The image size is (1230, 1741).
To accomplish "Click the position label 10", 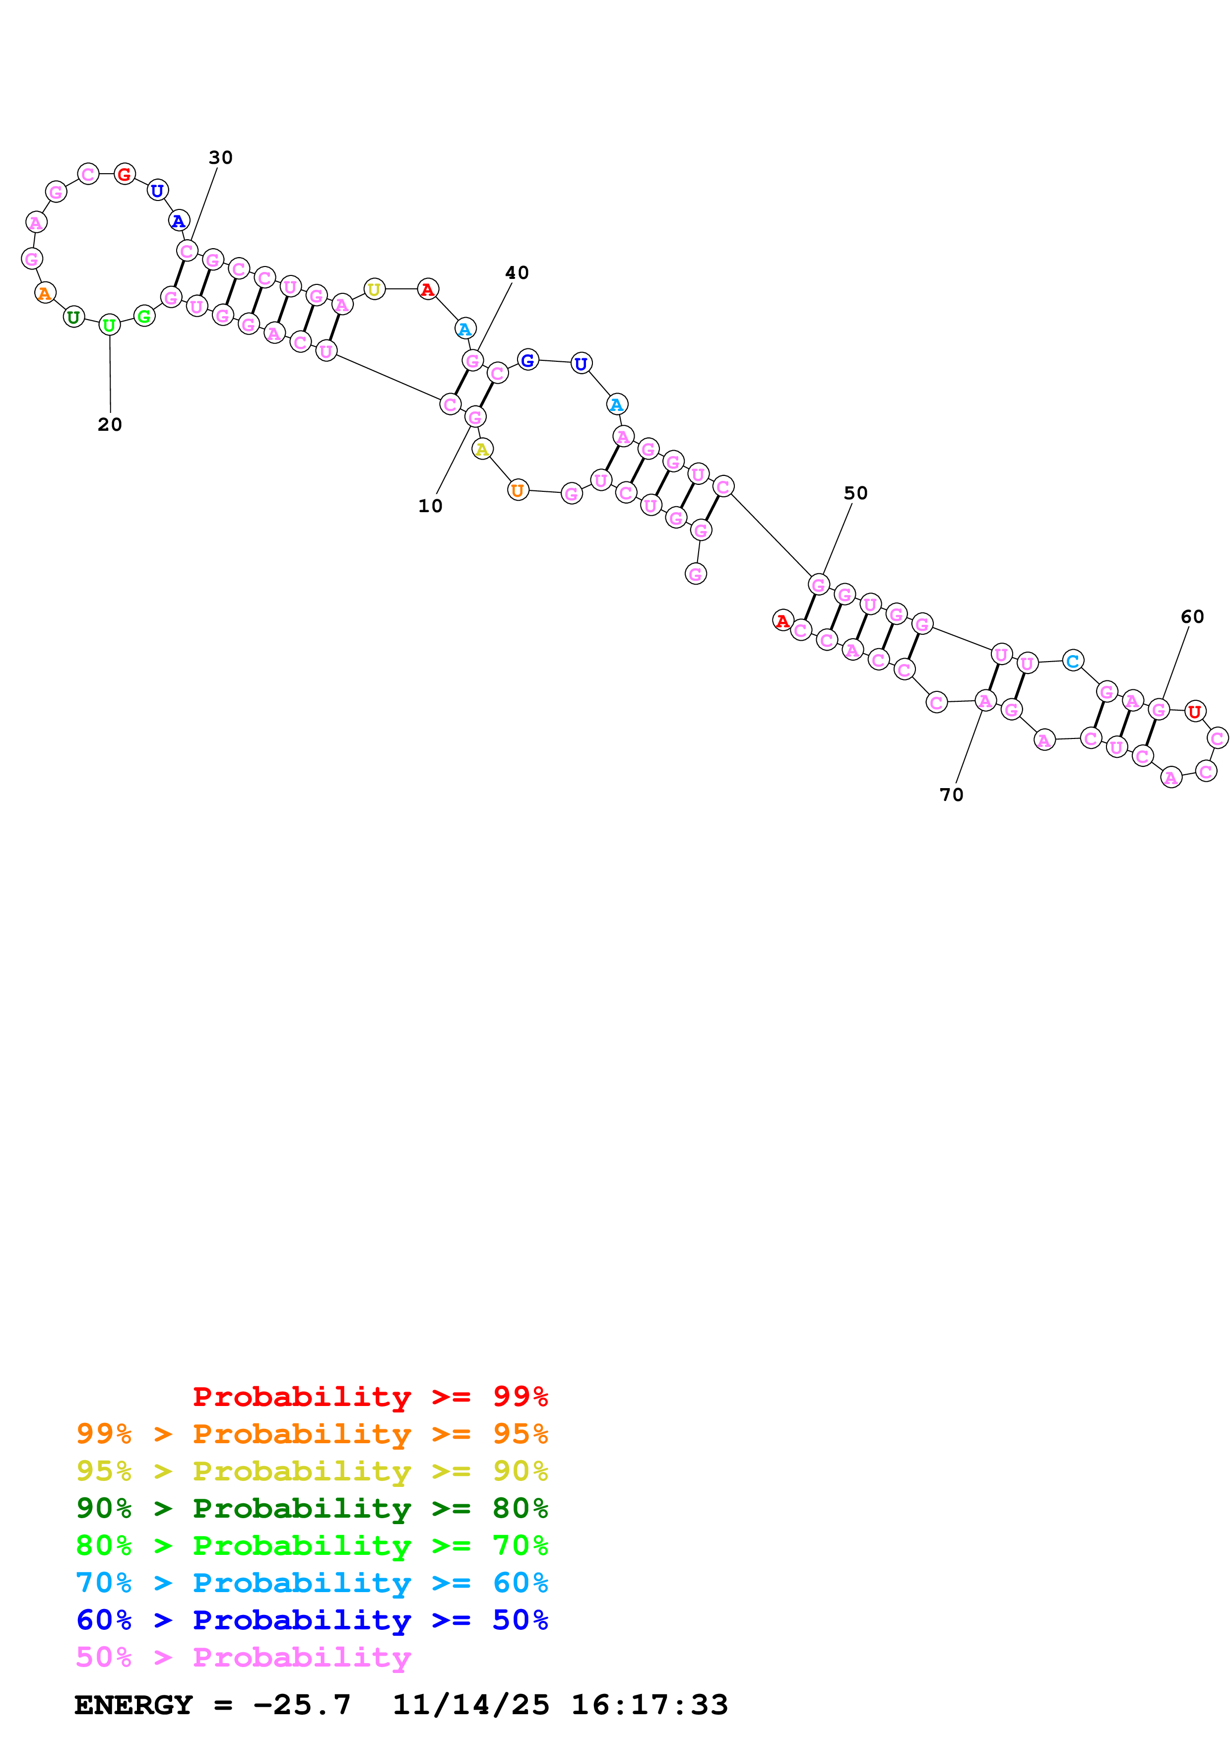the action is pos(430,506).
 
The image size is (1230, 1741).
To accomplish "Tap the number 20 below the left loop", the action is pos(110,425).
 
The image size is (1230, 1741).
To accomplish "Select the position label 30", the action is pos(220,158).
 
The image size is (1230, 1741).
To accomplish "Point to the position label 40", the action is pos(517,273).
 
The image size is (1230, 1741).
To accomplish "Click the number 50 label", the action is pos(855,494).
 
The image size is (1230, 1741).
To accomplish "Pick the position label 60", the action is pos(1192,617).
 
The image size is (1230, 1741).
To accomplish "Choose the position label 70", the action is pos(951,795).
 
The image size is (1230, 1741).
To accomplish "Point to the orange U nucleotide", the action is pos(518,491).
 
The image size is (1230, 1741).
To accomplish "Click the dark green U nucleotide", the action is pos(73,317).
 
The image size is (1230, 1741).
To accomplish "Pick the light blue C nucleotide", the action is pos(1072,661).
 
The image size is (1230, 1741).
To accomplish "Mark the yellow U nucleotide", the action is pos(374,290).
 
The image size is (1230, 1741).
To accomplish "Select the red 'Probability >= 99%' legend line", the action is pos(370,1396).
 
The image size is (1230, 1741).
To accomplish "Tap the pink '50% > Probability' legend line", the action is pos(243,1657).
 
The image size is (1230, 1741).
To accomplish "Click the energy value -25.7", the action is pos(302,1705).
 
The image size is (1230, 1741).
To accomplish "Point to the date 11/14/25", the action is pos(470,1705).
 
